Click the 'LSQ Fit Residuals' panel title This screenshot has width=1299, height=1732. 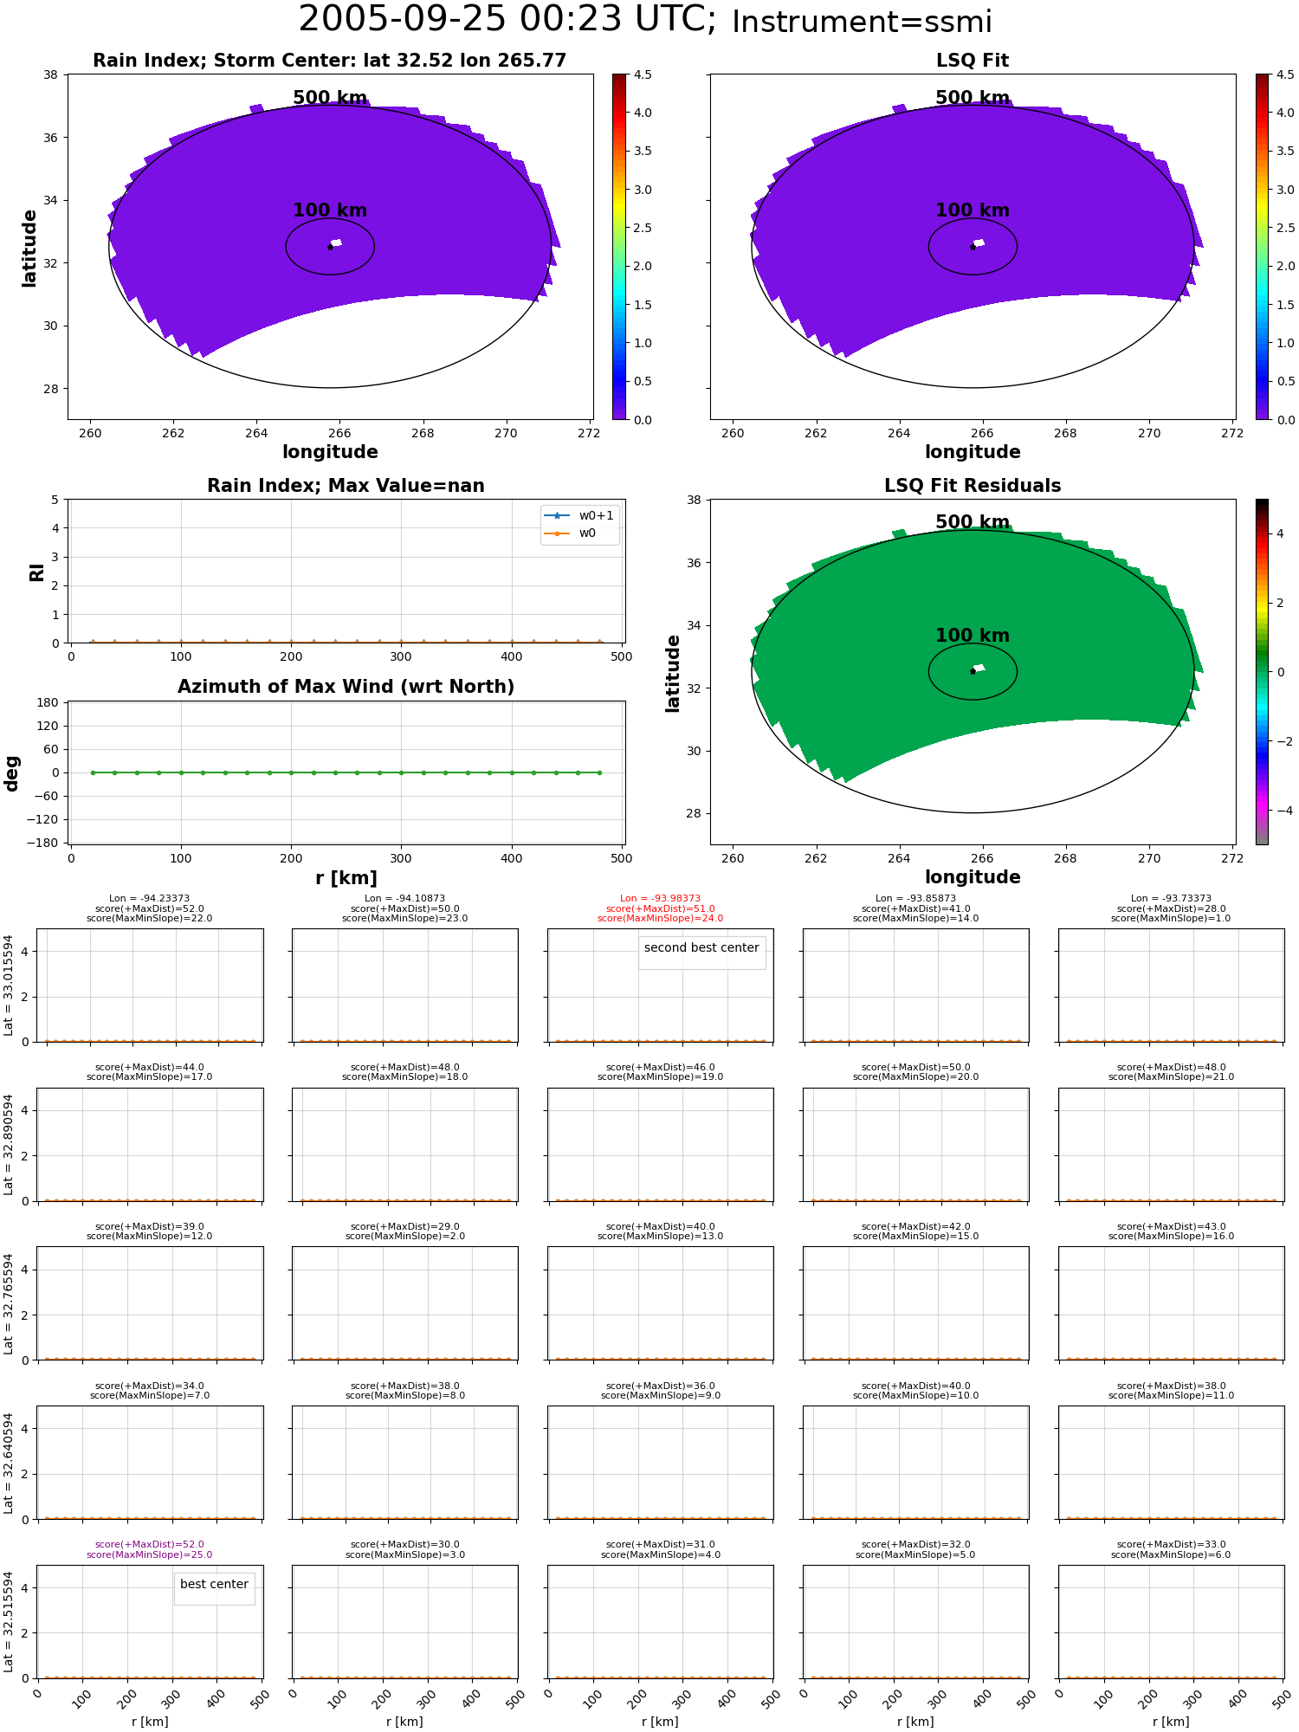(x=973, y=486)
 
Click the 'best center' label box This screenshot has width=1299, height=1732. (x=214, y=1584)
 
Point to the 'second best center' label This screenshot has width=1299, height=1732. (x=701, y=947)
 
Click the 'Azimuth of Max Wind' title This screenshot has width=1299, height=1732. (x=346, y=687)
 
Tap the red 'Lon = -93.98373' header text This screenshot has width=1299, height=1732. (x=660, y=899)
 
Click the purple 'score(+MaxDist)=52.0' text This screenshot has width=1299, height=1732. (x=150, y=1544)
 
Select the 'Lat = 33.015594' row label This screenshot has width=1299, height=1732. (x=9, y=985)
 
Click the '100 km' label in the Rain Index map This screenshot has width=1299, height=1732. (x=330, y=210)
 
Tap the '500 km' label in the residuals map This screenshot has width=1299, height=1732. (x=973, y=522)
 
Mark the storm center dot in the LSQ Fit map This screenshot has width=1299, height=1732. (x=973, y=247)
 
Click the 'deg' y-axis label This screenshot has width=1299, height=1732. (x=12, y=773)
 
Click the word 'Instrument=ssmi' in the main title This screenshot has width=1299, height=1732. (x=862, y=23)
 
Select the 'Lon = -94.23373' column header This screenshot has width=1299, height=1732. (x=150, y=899)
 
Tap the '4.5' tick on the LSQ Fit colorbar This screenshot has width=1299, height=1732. (x=1284, y=75)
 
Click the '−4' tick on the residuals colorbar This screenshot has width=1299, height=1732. (x=1284, y=811)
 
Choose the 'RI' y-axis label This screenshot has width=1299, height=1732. (x=37, y=572)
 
